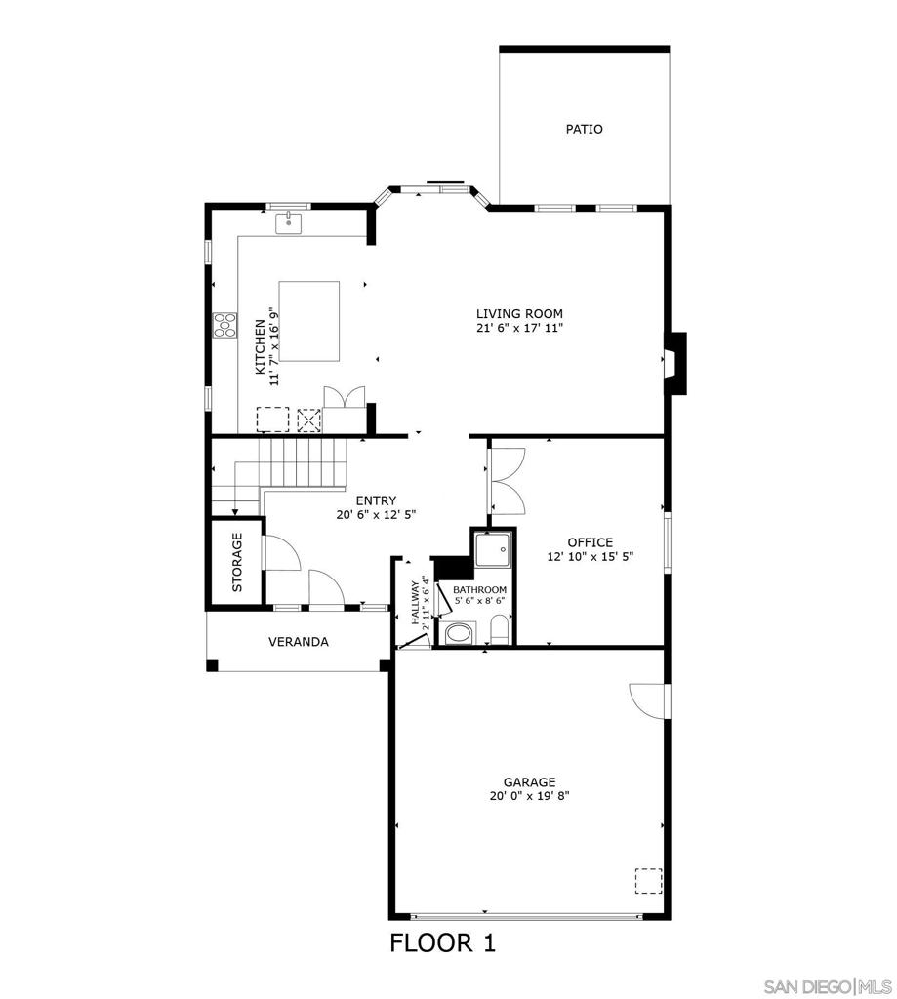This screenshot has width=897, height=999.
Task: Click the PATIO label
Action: click(x=584, y=129)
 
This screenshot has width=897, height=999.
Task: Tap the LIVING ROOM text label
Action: click(x=519, y=313)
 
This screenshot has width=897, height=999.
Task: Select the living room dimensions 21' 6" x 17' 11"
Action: click(x=519, y=328)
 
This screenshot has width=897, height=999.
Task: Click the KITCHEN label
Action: click(x=260, y=346)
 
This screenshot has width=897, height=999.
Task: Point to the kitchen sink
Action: click(x=288, y=224)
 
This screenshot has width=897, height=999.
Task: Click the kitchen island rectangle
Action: click(x=309, y=321)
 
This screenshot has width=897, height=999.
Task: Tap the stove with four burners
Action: click(x=224, y=324)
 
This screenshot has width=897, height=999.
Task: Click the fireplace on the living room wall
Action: click(x=675, y=364)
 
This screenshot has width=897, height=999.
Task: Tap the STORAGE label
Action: click(x=237, y=563)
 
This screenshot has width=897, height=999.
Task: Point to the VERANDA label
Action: click(x=298, y=642)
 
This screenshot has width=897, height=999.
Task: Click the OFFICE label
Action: click(x=590, y=542)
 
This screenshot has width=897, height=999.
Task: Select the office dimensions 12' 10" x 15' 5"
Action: click(x=590, y=557)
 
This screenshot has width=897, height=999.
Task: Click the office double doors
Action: click(x=509, y=479)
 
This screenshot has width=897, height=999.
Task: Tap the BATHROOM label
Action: click(x=479, y=590)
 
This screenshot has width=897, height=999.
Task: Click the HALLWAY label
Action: click(x=416, y=602)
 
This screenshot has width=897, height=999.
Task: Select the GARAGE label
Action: click(x=529, y=781)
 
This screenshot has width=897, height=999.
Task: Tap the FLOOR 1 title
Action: click(x=443, y=943)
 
